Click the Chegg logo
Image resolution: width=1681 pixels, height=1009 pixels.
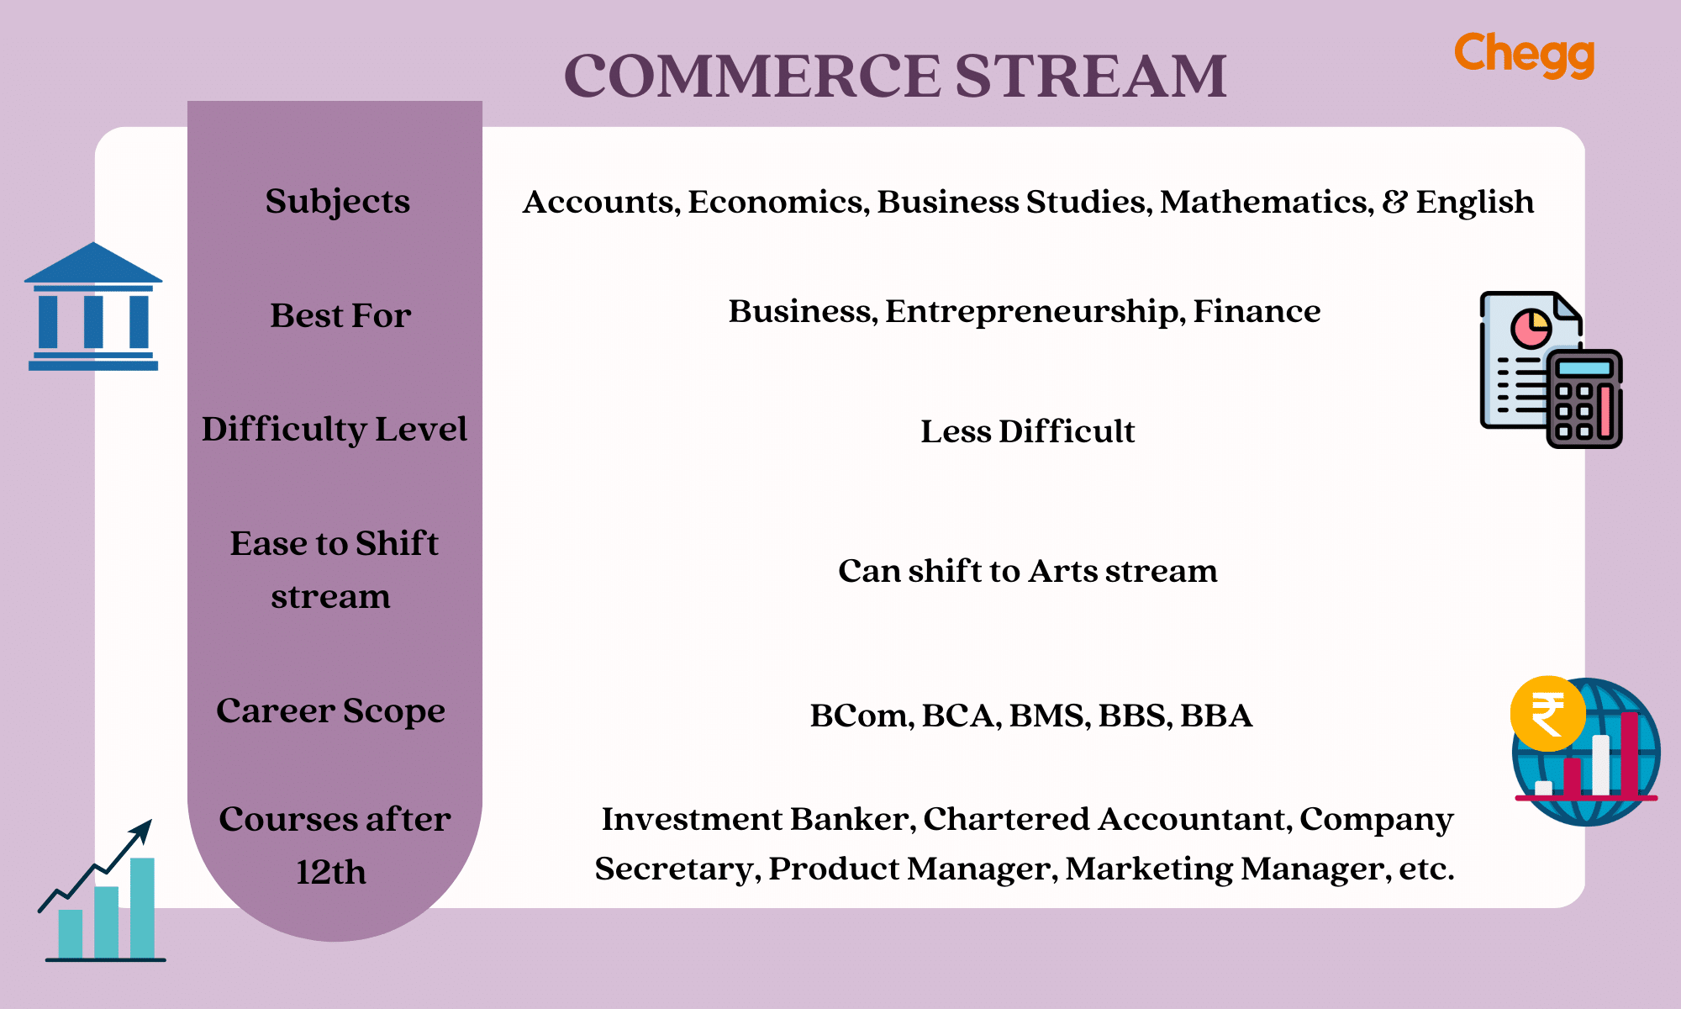click(x=1524, y=55)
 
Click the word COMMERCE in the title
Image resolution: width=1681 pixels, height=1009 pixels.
click(x=752, y=76)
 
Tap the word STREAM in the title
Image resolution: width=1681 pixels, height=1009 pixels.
click(x=1091, y=76)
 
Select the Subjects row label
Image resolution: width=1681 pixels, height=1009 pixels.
click(x=338, y=202)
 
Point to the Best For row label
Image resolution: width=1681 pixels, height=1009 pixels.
click(x=340, y=315)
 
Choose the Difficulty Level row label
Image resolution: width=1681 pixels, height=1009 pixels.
click(x=335, y=430)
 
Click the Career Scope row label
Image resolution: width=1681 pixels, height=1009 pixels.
click(x=330, y=711)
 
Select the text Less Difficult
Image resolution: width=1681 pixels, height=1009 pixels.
click(x=1027, y=431)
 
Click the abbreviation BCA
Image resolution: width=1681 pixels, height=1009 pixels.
click(x=961, y=716)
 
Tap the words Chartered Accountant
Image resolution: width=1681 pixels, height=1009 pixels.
click(x=1107, y=819)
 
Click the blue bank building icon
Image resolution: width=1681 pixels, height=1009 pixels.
click(x=93, y=307)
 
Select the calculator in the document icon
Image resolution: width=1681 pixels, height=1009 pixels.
click(x=1584, y=399)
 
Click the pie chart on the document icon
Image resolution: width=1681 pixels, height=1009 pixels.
click(x=1531, y=328)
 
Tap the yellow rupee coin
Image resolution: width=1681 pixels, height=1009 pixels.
click(x=1547, y=714)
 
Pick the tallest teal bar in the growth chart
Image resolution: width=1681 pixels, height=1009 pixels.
click(x=142, y=908)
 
